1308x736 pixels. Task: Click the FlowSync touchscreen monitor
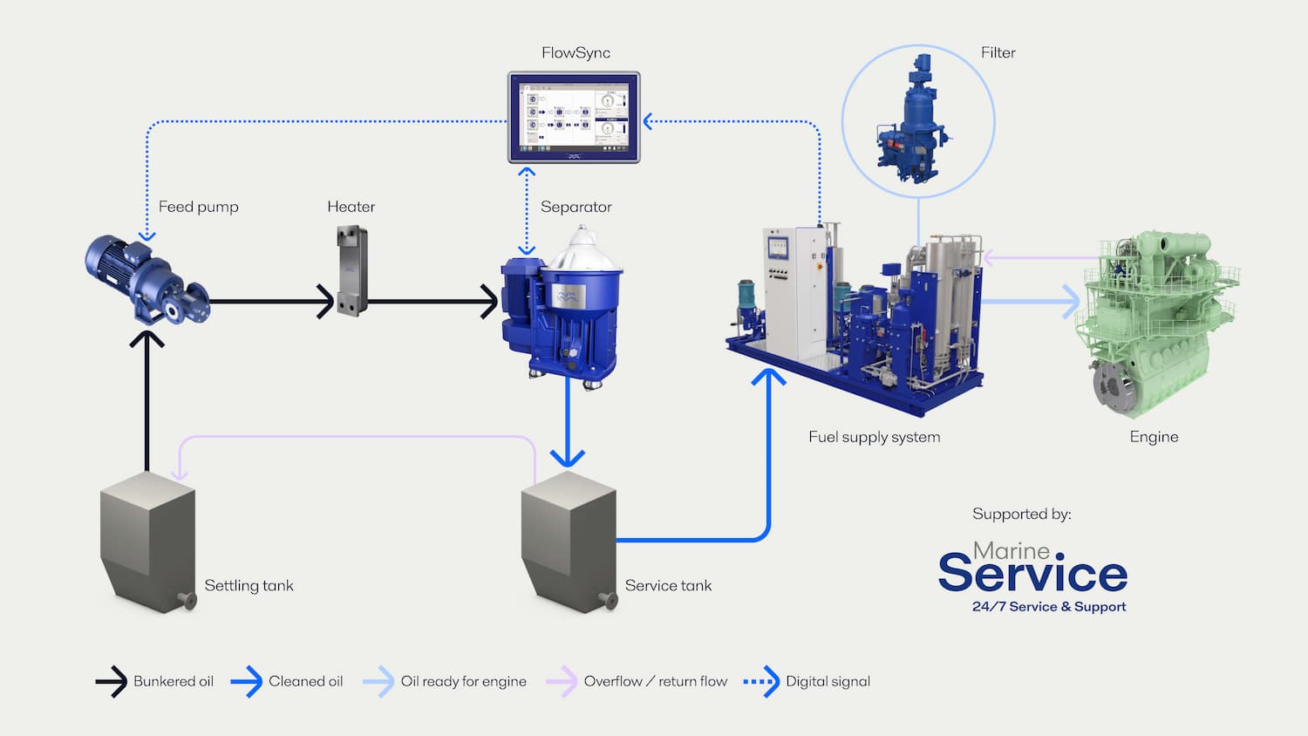click(574, 118)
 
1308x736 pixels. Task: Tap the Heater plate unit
click(351, 270)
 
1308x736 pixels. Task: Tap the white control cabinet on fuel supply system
click(794, 288)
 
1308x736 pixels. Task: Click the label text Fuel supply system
click(874, 437)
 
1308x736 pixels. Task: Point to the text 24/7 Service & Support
click(1049, 607)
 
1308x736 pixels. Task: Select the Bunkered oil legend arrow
click(112, 681)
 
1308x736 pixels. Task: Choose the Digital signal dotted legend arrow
click(761, 681)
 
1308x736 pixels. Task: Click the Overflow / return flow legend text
click(655, 681)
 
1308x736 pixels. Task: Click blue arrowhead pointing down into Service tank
click(568, 457)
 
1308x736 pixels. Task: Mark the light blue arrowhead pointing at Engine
click(1071, 302)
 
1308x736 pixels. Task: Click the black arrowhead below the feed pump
click(146, 338)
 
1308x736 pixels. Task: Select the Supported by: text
click(1021, 515)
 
